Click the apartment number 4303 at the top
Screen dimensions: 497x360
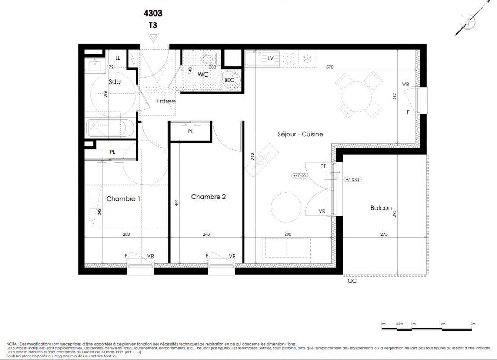tap(153, 13)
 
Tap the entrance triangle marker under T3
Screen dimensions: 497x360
tap(154, 37)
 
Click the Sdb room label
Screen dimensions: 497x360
tap(114, 82)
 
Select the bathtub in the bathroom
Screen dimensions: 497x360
tap(107, 128)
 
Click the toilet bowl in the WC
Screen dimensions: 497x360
tap(208, 58)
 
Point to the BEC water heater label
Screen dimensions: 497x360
tap(229, 81)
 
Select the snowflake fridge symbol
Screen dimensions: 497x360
tap(307, 58)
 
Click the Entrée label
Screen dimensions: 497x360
tap(166, 101)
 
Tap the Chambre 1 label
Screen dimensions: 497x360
tap(123, 199)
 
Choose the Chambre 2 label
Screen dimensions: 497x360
tap(208, 197)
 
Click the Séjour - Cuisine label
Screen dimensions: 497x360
tap(300, 134)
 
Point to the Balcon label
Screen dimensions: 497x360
tap(381, 208)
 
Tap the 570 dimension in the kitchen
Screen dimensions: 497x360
tap(330, 67)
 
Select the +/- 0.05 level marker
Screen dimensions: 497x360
tap(353, 180)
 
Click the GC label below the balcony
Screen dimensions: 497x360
tap(352, 281)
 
